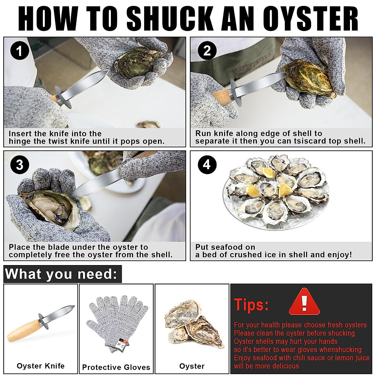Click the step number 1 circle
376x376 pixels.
pos(19,51)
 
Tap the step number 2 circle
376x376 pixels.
pos(207,51)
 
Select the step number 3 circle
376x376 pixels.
pos(19,165)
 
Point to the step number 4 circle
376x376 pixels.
pos(207,165)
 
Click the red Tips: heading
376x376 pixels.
pos(251,305)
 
